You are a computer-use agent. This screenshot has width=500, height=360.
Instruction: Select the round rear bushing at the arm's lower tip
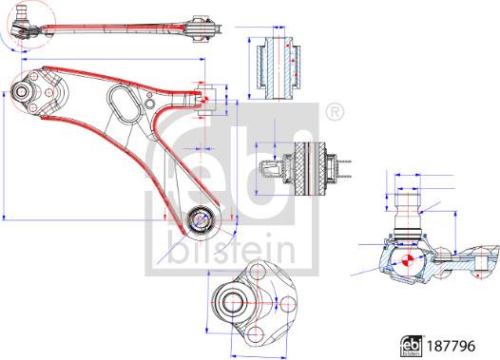tap(202, 219)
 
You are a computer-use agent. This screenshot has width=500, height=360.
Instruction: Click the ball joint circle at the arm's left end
tap(23, 93)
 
